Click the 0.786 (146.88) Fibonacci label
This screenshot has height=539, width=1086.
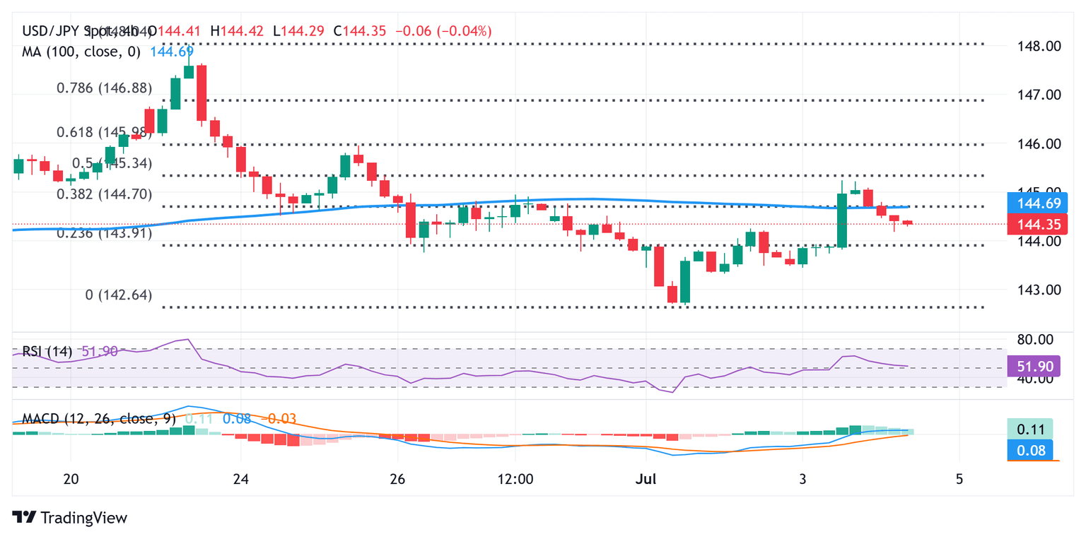click(105, 88)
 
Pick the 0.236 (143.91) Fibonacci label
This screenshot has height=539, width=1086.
click(105, 233)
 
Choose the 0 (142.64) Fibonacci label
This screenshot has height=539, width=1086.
click(119, 295)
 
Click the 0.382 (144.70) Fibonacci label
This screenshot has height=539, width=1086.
click(105, 194)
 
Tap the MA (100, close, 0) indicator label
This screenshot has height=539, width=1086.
click(81, 52)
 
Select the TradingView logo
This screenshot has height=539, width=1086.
click(71, 518)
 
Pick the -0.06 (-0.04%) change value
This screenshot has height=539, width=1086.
click(445, 31)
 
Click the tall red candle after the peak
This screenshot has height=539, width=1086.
click(202, 93)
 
